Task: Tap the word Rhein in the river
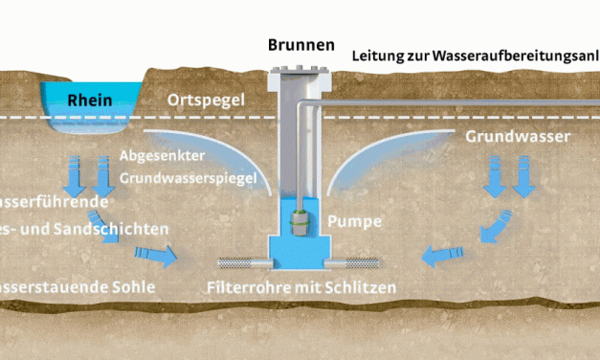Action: pyautogui.click(x=91, y=100)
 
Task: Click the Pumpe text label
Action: pyautogui.click(x=355, y=222)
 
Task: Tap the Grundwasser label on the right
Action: pyautogui.click(x=519, y=136)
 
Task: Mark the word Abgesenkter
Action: pyautogui.click(x=162, y=155)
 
